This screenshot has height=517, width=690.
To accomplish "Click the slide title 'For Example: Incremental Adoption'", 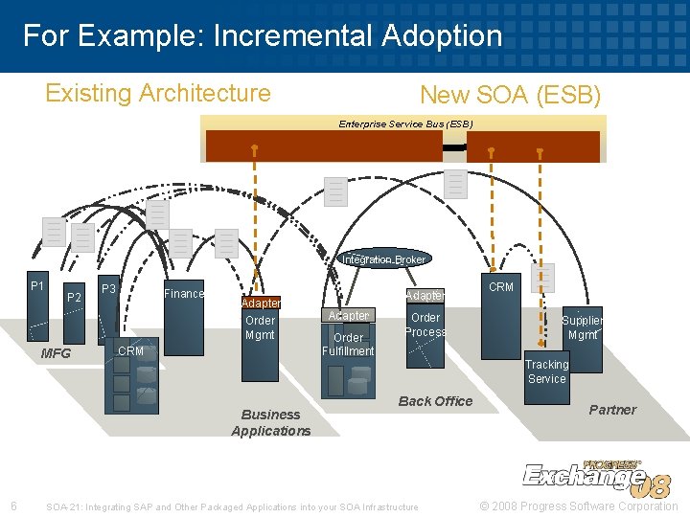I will (263, 36).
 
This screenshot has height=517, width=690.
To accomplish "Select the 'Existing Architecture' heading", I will (158, 93).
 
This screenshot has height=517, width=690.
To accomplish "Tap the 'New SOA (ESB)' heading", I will (510, 96).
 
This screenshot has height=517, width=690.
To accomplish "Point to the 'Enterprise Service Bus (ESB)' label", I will (405, 124).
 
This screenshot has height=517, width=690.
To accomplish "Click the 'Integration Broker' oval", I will (384, 259).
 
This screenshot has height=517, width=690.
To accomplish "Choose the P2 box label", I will (74, 298).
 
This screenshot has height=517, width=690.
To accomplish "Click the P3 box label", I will (109, 289).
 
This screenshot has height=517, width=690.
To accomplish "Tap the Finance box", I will (184, 294).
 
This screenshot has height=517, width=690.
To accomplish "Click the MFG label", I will (56, 353).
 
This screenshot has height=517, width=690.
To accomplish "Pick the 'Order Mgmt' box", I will (260, 327).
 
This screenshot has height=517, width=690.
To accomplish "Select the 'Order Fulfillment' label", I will (348, 344).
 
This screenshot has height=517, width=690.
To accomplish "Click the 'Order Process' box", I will (425, 326).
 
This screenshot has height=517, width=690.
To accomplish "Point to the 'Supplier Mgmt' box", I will (582, 328).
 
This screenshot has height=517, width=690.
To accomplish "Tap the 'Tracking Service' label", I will (546, 371).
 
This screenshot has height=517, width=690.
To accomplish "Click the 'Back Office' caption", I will (435, 401).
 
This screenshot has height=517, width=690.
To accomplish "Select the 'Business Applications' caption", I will (270, 422).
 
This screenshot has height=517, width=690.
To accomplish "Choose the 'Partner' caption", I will (612, 410).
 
